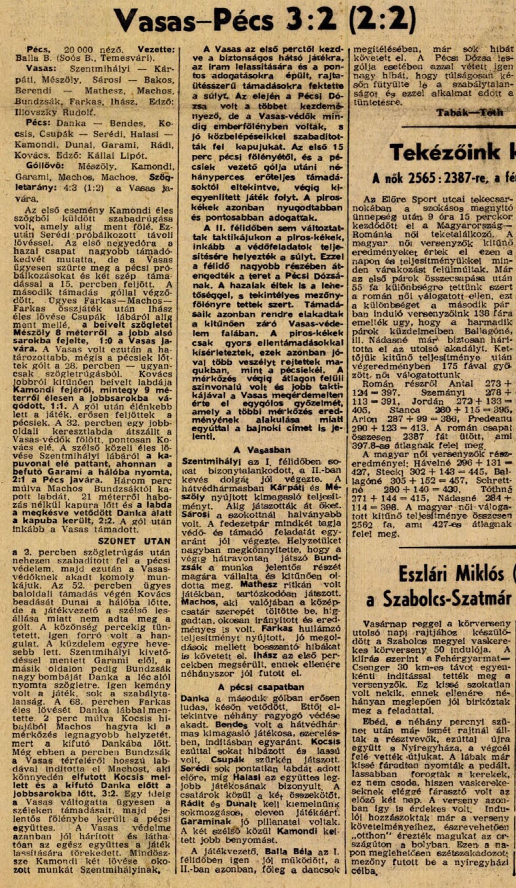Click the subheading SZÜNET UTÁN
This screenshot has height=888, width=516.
pyautogui.click(x=134, y=541)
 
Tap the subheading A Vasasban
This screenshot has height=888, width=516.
pyautogui.click(x=263, y=450)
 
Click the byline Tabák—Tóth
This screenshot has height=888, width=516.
pyautogui.click(x=470, y=113)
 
